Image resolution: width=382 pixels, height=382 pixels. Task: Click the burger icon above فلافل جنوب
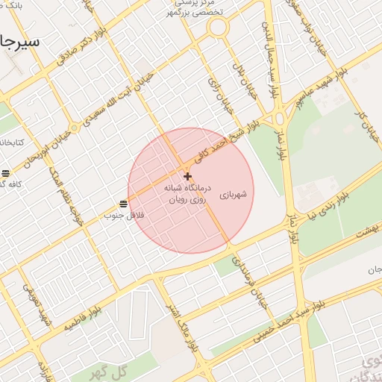[123, 203]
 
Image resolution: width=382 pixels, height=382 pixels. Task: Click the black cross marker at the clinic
[187, 175]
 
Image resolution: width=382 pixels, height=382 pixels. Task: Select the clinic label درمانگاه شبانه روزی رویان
[188, 195]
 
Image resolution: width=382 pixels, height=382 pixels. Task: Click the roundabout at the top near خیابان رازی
[218, 28]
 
